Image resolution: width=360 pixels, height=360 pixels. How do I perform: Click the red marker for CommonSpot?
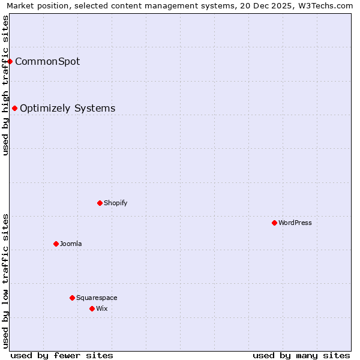click(10, 61)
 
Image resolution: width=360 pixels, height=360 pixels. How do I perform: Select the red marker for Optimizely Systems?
click(15, 108)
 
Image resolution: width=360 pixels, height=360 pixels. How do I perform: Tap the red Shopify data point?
click(100, 203)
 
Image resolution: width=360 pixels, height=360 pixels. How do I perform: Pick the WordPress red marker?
click(274, 223)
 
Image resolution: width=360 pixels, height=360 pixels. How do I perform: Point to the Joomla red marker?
click(56, 244)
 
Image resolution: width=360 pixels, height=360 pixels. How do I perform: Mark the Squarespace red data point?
click(72, 298)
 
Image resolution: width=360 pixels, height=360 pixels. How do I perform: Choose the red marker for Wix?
click(92, 308)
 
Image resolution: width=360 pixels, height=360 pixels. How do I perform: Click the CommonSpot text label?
click(47, 61)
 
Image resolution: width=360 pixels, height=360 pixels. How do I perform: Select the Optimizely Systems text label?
click(68, 108)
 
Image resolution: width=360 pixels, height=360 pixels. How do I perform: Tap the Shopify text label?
click(116, 203)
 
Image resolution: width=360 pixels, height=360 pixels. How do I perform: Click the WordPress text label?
click(295, 223)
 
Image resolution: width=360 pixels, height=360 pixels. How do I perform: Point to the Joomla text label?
click(71, 244)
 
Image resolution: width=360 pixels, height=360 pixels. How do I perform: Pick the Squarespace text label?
click(97, 298)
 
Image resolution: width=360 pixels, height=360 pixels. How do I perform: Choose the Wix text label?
click(102, 308)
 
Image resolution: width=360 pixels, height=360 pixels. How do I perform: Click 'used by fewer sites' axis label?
click(62, 355)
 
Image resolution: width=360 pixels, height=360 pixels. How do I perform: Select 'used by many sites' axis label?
click(301, 355)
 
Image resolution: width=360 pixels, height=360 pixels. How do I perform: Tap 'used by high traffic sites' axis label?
click(5, 85)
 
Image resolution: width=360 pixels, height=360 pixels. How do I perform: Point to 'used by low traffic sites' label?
click(5, 281)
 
